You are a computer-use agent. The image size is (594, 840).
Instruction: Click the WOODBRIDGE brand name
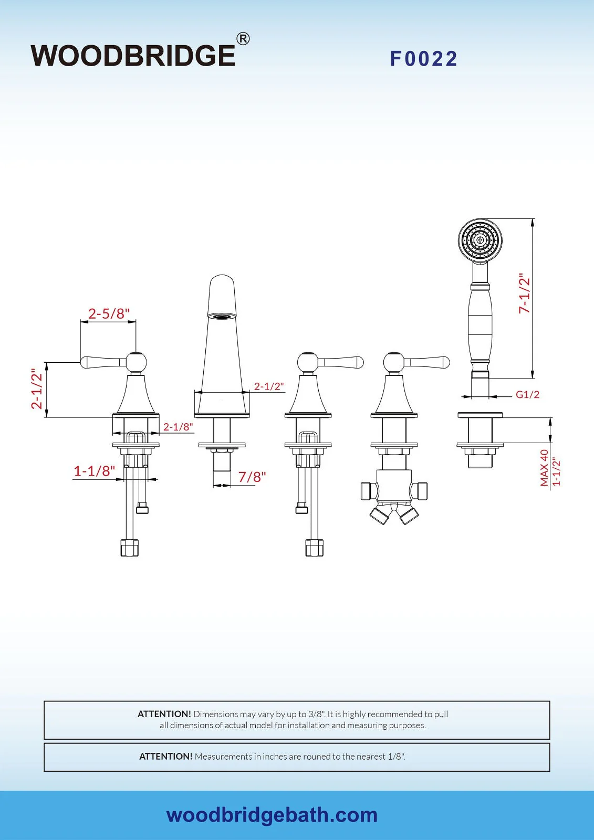point(133,56)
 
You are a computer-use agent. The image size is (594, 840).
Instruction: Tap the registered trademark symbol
point(243,38)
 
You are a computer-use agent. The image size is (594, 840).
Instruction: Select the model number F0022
point(423,59)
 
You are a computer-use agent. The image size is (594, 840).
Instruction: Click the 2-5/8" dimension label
point(109,313)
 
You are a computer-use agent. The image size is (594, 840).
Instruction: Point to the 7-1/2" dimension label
point(524,293)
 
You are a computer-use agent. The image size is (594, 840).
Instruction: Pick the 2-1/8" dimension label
point(178,427)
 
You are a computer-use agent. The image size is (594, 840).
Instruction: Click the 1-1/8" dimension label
point(94,471)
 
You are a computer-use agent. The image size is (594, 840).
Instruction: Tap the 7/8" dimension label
point(252,477)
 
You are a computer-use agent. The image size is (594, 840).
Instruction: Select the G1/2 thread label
point(527,394)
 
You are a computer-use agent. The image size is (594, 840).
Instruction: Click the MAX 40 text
point(544,468)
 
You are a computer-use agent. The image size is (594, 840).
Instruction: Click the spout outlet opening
point(222,316)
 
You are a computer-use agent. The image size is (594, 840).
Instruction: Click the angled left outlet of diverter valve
point(380,514)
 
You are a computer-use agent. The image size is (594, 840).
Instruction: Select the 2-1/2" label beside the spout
point(269,386)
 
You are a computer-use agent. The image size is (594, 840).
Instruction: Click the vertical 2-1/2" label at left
point(36,388)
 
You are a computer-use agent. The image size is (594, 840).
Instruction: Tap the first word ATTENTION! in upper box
point(164,714)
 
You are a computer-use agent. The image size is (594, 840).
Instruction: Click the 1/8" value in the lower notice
point(396,757)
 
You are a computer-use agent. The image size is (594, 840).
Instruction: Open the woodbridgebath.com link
point(272,815)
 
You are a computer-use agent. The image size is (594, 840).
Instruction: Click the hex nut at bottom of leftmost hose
point(129,548)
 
